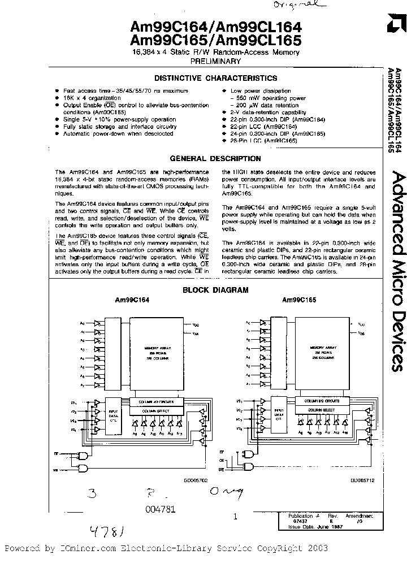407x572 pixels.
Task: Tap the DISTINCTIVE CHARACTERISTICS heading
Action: tap(217, 79)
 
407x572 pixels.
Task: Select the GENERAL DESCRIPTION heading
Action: tap(215, 159)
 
